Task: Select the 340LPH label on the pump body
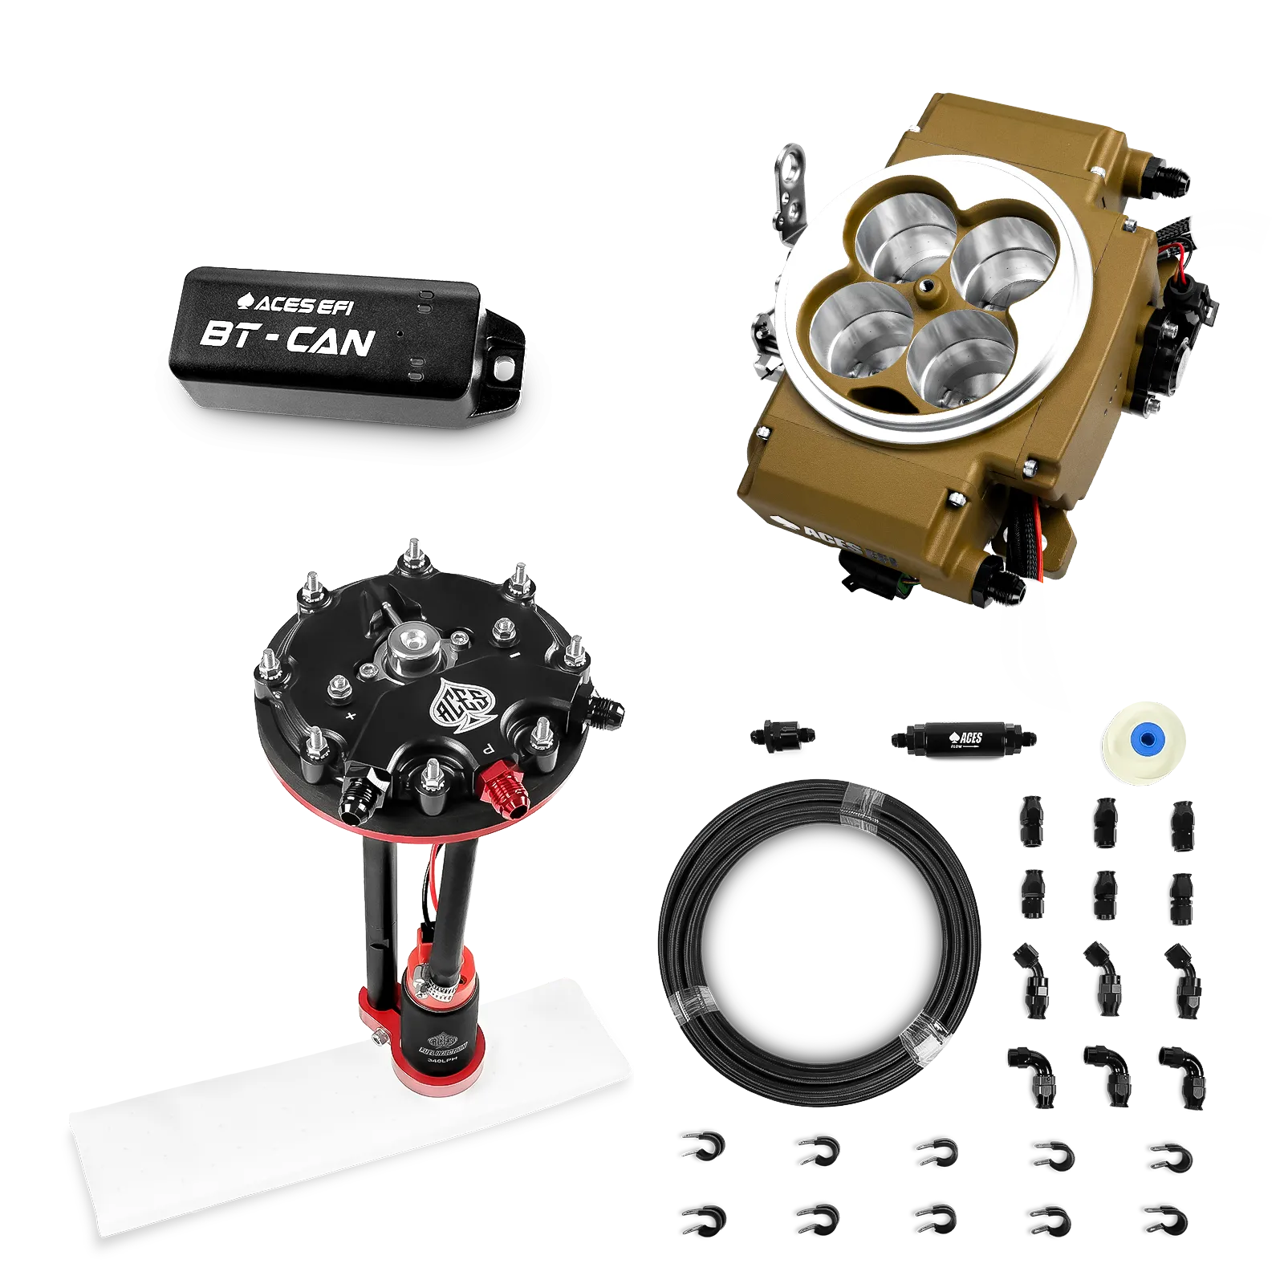tap(440, 1060)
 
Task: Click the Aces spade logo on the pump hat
tap(455, 705)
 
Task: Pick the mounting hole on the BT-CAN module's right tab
tap(504, 368)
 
